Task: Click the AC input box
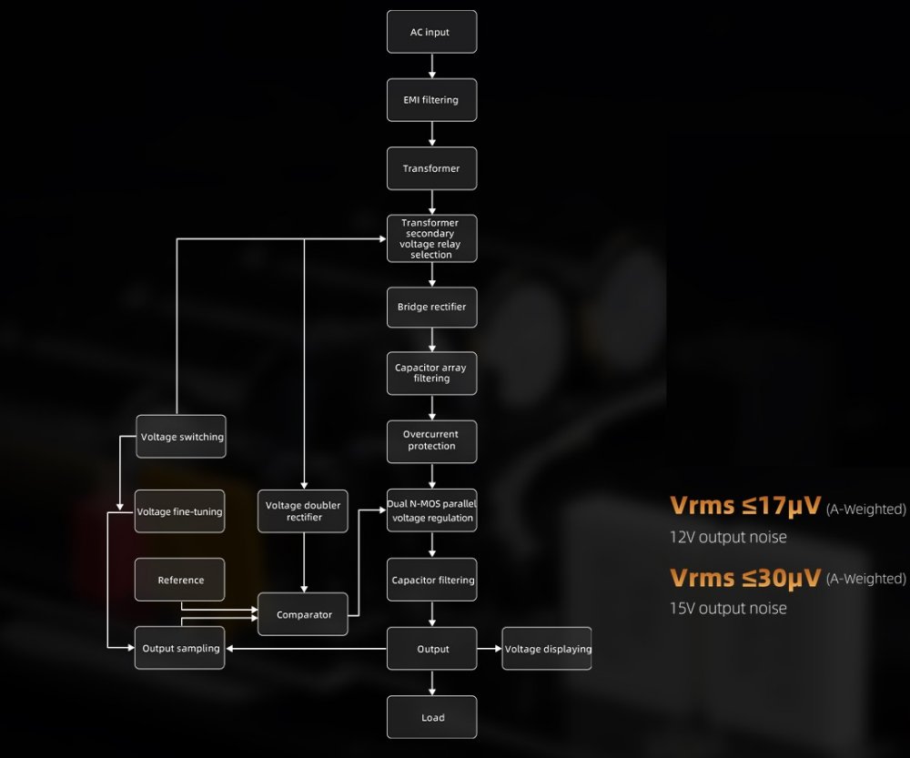431,32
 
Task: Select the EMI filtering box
431,99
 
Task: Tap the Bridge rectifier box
431,307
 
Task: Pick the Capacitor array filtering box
431,373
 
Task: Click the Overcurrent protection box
431,440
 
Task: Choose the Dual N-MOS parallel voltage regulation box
431,510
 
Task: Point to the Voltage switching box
180,437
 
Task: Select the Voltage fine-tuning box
179,511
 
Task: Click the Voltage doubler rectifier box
304,510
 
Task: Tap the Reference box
180,580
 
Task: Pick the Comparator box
304,614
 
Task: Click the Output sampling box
180,649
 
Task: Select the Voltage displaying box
547,649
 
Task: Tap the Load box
432,717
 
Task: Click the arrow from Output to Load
432,683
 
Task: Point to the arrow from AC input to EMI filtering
432,66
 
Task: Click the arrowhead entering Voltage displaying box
497,649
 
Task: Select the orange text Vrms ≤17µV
745,506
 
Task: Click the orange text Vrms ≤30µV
745,577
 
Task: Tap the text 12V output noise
728,537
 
